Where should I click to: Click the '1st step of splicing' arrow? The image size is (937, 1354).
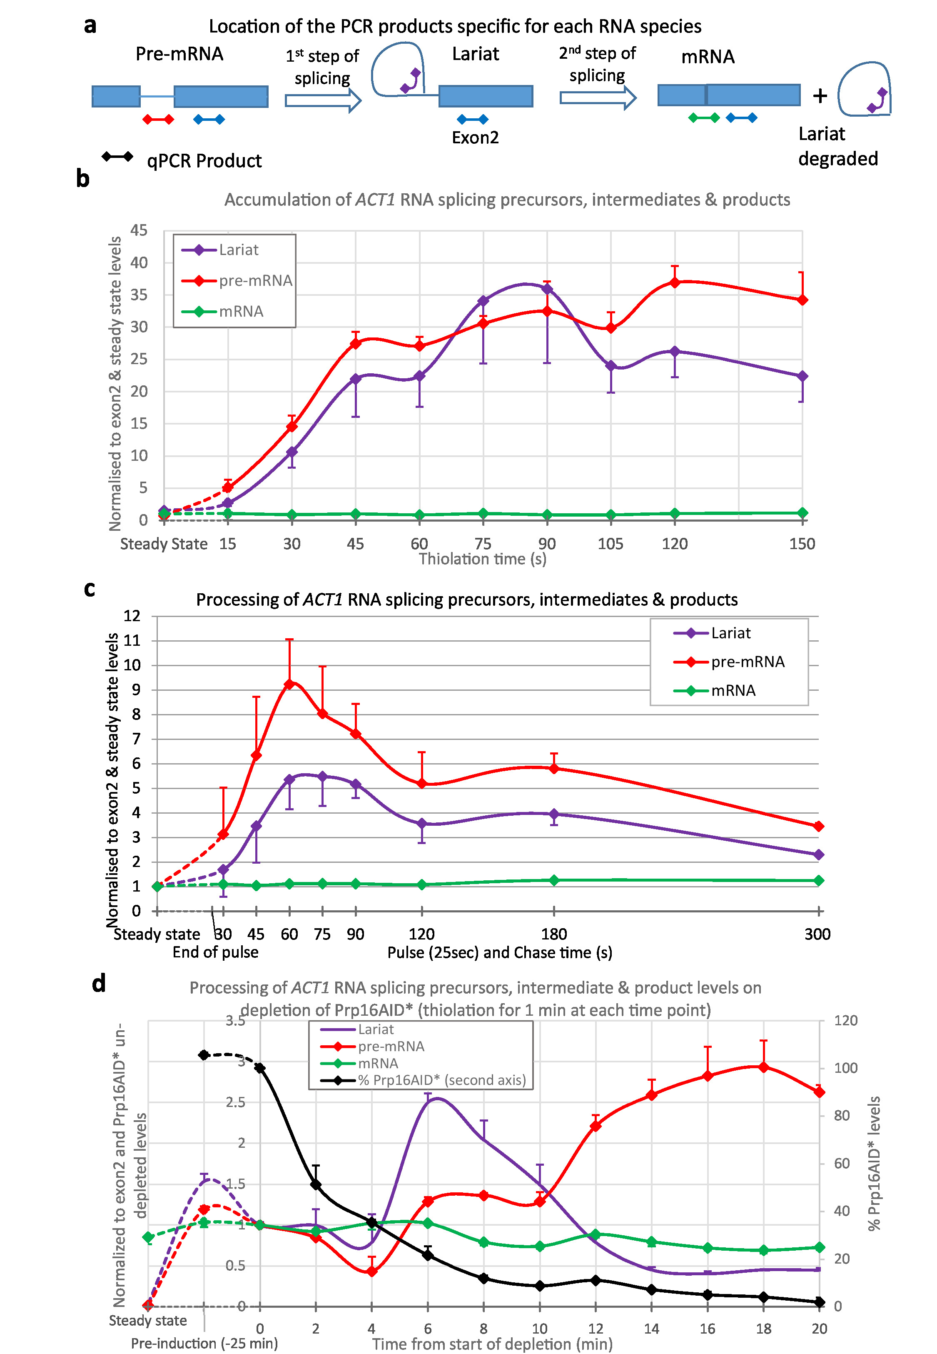(x=322, y=100)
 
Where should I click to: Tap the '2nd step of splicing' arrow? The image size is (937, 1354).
(x=597, y=97)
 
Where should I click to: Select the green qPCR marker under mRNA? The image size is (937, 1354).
(x=703, y=118)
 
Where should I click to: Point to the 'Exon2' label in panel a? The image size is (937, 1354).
(x=475, y=137)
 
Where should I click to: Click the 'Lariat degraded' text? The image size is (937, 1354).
(x=838, y=146)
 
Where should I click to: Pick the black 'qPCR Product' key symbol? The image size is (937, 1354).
(x=117, y=157)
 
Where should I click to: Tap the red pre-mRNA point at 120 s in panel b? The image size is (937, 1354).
(x=675, y=282)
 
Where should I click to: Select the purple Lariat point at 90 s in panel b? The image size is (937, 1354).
(x=547, y=289)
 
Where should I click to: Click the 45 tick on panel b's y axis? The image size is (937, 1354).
(x=139, y=230)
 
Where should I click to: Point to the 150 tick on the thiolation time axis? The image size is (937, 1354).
(x=802, y=544)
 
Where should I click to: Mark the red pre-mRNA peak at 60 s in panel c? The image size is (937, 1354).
(x=289, y=684)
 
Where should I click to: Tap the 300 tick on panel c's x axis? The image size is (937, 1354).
(x=817, y=934)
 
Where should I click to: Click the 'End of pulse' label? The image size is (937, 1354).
(x=215, y=952)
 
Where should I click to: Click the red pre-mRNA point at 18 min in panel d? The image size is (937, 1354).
(x=763, y=1067)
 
